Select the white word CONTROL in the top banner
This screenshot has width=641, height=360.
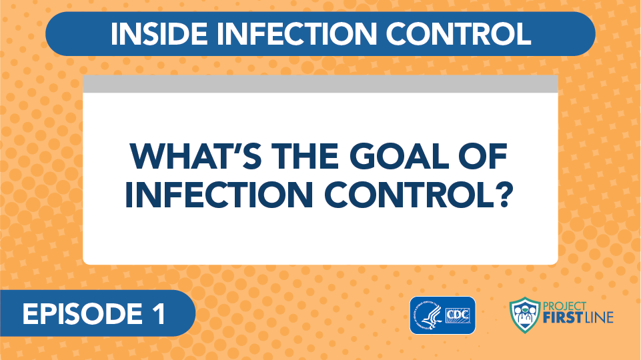(458, 33)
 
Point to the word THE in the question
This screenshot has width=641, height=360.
(305, 156)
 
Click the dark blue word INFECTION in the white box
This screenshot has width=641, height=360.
(219, 194)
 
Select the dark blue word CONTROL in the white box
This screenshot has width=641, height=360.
(408, 194)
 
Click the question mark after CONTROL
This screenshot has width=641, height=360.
(503, 194)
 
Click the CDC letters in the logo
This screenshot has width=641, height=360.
(458, 315)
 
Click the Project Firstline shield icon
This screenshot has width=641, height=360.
(525, 315)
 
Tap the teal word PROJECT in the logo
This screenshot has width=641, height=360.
(564, 306)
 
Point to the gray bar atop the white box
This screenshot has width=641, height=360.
(320, 84)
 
